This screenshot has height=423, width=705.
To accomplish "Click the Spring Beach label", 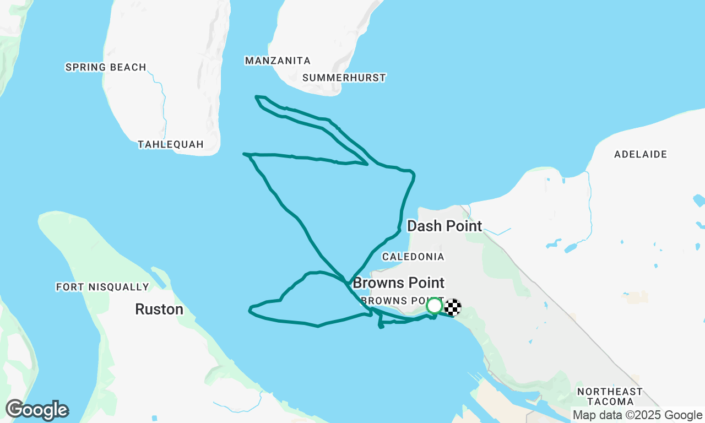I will pyautogui.click(x=106, y=67).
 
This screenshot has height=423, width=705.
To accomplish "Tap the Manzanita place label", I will pyautogui.click(x=278, y=61).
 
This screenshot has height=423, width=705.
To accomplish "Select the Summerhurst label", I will pyautogui.click(x=344, y=78).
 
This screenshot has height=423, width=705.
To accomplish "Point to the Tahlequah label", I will pyautogui.click(x=171, y=144).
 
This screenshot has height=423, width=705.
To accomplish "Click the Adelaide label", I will pyautogui.click(x=641, y=154).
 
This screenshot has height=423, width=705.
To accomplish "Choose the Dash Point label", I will pyautogui.click(x=444, y=226).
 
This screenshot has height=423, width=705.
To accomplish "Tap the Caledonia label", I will pyautogui.click(x=413, y=257).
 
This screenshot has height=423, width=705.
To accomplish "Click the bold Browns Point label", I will pyautogui.click(x=398, y=283).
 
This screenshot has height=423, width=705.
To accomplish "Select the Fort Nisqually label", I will pyautogui.click(x=102, y=287).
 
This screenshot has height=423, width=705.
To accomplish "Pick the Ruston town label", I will pyautogui.click(x=159, y=310).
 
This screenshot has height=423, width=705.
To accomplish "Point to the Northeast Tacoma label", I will pyautogui.click(x=610, y=397).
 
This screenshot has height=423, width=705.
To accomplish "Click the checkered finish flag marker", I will pyautogui.click(x=453, y=307).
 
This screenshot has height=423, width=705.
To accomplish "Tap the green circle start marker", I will pyautogui.click(x=435, y=305).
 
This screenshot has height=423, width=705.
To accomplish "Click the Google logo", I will pyautogui.click(x=37, y=410).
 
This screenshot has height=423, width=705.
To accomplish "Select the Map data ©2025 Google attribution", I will pyautogui.click(x=638, y=415).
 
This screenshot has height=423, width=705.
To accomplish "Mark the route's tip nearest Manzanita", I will pyautogui.click(x=257, y=97).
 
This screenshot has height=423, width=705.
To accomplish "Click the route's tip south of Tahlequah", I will pyautogui.click(x=244, y=154).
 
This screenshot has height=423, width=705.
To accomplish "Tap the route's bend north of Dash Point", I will pyautogui.click(x=413, y=175).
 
